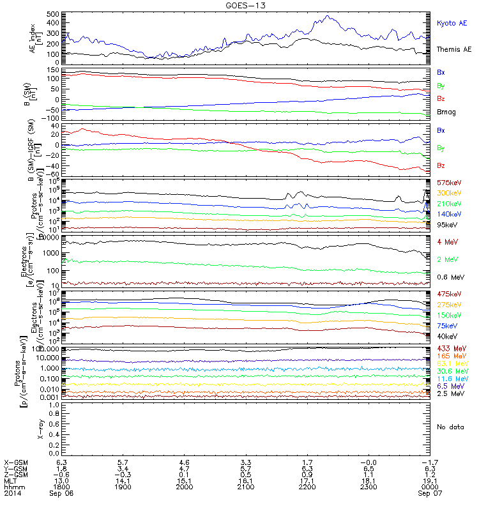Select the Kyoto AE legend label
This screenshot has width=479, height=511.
(452, 23)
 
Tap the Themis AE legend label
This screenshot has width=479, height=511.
(453, 49)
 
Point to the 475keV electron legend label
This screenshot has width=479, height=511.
(448, 294)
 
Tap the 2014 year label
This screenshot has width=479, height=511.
(12, 493)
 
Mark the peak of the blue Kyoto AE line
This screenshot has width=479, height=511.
(328, 16)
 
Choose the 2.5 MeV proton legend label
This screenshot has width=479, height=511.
(450, 394)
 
